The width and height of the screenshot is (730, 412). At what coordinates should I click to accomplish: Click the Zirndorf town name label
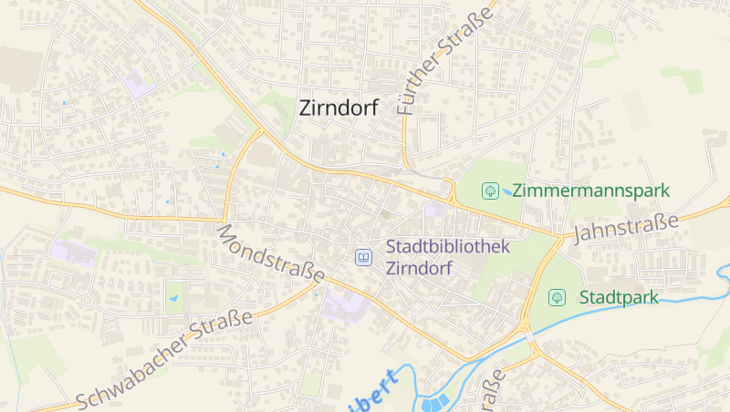click(x=339, y=108)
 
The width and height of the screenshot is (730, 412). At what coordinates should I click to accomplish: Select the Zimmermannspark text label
click(x=590, y=191)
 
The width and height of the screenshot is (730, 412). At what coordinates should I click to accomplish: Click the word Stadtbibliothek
click(x=448, y=246)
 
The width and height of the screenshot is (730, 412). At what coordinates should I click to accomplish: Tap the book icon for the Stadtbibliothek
click(x=364, y=258)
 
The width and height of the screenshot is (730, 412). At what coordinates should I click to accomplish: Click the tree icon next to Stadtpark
click(x=557, y=297)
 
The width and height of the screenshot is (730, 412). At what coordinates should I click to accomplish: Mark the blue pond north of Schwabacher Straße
click(x=173, y=297)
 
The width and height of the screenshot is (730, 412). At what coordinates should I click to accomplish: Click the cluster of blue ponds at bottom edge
click(x=434, y=402)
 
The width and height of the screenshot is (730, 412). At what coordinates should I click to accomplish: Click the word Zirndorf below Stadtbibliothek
click(x=419, y=268)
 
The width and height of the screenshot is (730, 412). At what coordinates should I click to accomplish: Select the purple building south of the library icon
click(x=345, y=304)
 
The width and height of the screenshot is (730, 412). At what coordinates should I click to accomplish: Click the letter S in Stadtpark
click(x=585, y=297)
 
